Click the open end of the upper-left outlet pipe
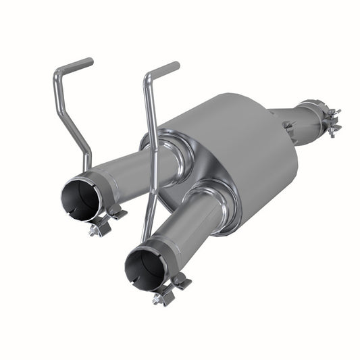click(x=79, y=200)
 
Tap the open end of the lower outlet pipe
click(x=143, y=269)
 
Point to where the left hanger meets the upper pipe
click(x=88, y=165)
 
